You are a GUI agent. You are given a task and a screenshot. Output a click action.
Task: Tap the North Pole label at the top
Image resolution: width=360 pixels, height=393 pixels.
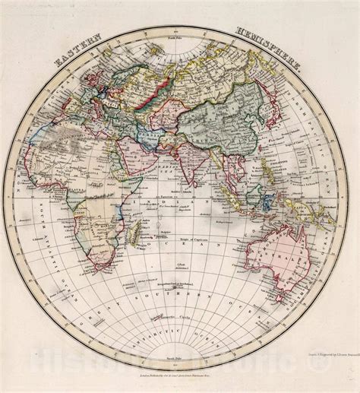point(179,36)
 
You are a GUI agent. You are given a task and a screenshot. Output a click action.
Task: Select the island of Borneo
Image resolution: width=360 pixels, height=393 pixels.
point(247,185)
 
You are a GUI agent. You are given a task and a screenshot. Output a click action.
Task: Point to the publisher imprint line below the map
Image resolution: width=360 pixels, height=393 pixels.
point(179,376)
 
